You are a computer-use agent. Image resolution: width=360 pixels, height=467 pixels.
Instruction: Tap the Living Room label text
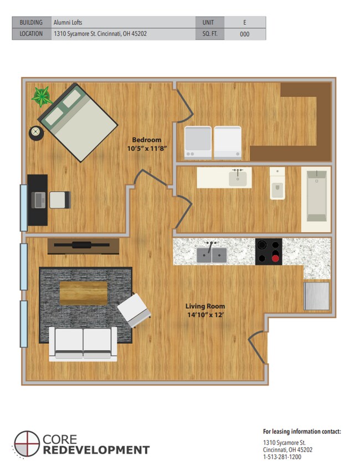(x=205, y=306)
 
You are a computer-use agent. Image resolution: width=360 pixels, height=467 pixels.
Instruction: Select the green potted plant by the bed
(x=42, y=96)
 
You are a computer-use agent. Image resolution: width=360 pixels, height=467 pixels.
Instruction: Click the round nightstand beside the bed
(x=36, y=132)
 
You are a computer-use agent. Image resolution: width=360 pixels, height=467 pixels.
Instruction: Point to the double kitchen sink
(x=212, y=254)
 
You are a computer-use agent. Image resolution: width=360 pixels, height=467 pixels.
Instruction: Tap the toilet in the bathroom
(x=277, y=184)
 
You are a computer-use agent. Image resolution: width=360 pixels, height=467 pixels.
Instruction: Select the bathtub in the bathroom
(x=316, y=197)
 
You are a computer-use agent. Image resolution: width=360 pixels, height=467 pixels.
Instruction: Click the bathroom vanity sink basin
(x=238, y=178)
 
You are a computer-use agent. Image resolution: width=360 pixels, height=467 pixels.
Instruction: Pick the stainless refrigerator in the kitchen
(x=317, y=295)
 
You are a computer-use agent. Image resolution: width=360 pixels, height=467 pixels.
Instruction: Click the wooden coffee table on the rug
(x=83, y=292)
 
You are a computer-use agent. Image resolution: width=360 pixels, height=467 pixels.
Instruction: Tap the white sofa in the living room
(x=83, y=343)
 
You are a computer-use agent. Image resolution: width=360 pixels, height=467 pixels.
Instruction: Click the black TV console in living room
(x=83, y=245)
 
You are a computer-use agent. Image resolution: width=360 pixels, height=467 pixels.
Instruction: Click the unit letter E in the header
(x=244, y=23)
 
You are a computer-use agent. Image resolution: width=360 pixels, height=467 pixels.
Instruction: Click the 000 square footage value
(x=244, y=34)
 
